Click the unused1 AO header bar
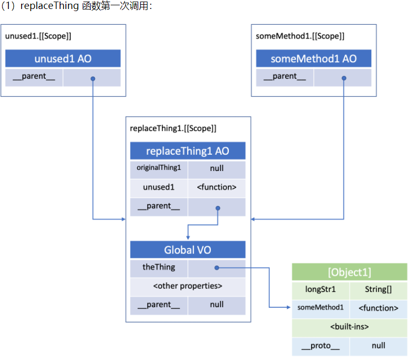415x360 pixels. coord(63,59)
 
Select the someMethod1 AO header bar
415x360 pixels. coord(313,59)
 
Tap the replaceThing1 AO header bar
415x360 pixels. coord(188,151)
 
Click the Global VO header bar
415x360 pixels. coord(188,250)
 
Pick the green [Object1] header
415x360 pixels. coord(349,272)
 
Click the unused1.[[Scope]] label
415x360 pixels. coord(38,36)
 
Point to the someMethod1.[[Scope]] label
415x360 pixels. coord(300,36)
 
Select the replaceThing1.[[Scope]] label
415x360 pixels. coord(173,128)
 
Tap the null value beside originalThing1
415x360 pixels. coord(216,168)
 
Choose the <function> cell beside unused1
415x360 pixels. coord(216,187)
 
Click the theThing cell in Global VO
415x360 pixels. coord(159,267)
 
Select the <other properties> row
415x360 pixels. coord(188,286)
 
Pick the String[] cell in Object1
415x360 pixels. coord(378,289)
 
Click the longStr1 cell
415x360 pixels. coord(320,289)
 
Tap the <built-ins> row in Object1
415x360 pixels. coord(349,327)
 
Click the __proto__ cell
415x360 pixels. coord(320,346)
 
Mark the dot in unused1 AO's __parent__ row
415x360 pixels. coord(93,79)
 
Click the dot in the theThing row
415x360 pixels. coord(217,268)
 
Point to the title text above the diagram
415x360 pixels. coord(76,8)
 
